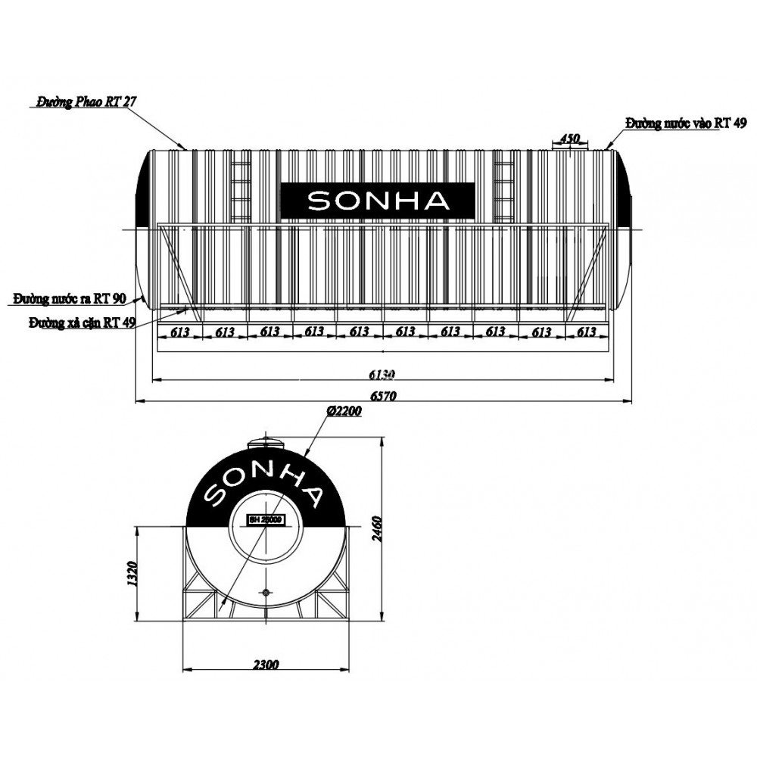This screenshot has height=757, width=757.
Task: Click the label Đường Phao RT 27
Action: [86, 101]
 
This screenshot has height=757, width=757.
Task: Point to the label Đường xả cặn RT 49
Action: [82, 322]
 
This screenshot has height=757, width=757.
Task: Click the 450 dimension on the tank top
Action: [569, 139]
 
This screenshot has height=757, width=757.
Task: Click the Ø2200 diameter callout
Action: [344, 411]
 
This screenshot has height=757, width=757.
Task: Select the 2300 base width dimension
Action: [266, 665]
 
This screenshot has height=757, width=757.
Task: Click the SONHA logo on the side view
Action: [378, 201]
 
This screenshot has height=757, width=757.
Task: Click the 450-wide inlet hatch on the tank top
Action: [569, 147]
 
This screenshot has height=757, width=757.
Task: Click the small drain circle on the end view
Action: [266, 591]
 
